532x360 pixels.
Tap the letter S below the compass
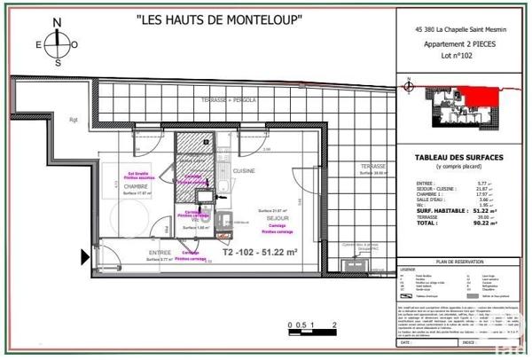[58, 63]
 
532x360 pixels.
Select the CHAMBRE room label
[135, 187]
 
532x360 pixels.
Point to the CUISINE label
[245, 170]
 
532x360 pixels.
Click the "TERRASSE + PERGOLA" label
[229, 100]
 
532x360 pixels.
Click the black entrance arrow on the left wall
[86, 257]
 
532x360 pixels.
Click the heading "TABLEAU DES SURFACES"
[459, 158]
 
